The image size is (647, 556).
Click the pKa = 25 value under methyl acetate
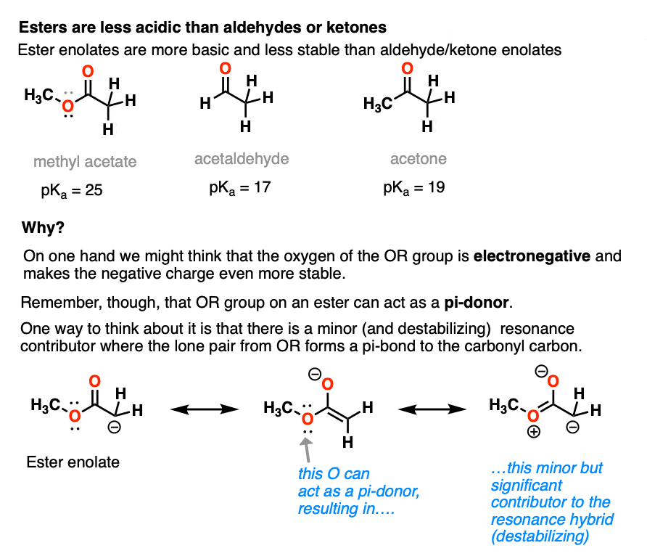click(x=71, y=191)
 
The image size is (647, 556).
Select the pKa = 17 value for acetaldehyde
click(x=240, y=188)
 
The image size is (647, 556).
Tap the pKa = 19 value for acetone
click(x=414, y=188)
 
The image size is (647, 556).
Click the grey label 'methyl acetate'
click(x=85, y=162)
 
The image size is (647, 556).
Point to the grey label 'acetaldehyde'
click(x=242, y=159)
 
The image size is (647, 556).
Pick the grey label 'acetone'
click(x=419, y=159)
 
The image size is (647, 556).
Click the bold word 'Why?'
click(x=43, y=227)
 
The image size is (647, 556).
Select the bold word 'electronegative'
click(x=532, y=256)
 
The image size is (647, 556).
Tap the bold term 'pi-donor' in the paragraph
click(x=476, y=303)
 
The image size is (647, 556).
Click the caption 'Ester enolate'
click(x=73, y=462)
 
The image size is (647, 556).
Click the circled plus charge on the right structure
click(x=534, y=432)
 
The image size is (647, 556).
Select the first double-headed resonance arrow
click(x=205, y=409)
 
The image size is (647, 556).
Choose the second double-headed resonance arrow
click(x=432, y=409)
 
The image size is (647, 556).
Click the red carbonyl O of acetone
click(x=407, y=68)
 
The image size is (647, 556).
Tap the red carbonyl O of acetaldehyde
click(x=225, y=68)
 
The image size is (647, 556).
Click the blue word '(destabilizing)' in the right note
click(x=540, y=536)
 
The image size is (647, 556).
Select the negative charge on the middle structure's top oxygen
click(x=315, y=375)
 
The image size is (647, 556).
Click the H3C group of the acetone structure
click(x=378, y=104)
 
